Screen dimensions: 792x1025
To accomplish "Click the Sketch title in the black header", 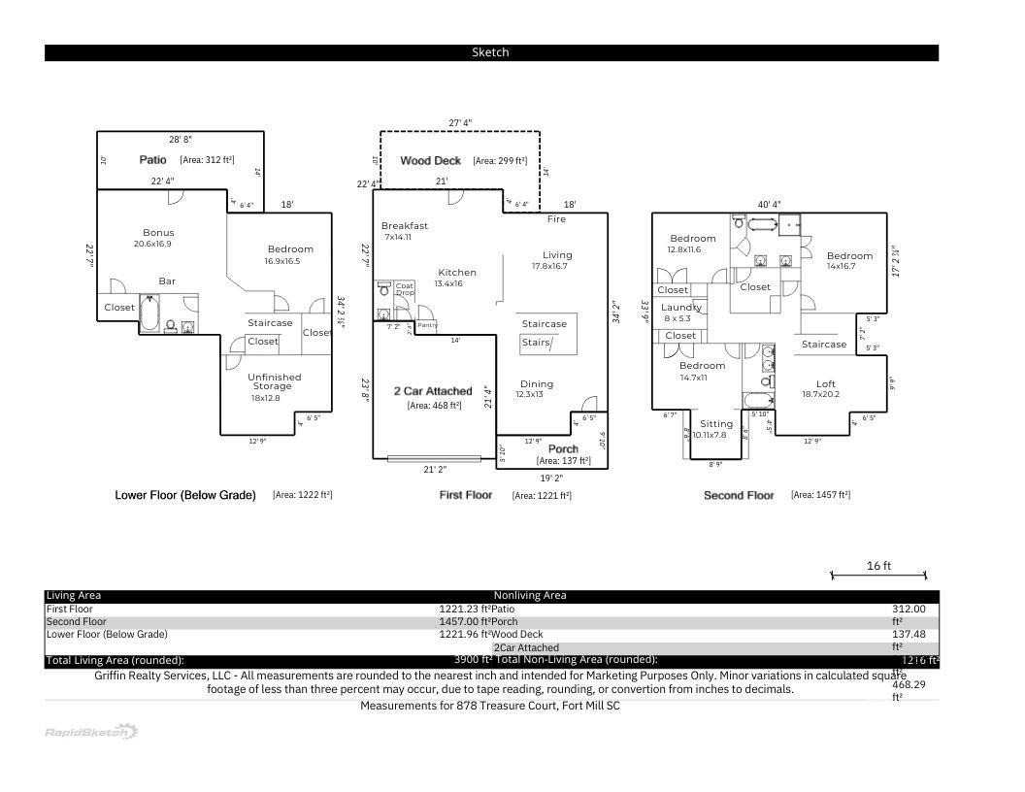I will click(x=490, y=52).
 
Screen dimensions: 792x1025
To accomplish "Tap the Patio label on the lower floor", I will click(x=153, y=159).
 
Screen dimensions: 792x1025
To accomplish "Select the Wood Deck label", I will click(x=430, y=161).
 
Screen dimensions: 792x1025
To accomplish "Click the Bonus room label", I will click(x=158, y=233).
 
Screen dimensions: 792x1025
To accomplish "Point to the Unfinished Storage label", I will click(x=274, y=381).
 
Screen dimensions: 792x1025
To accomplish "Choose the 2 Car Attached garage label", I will click(x=432, y=391).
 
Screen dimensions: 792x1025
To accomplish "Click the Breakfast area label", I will click(x=404, y=226).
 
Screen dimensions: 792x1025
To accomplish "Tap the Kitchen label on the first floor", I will click(x=457, y=273).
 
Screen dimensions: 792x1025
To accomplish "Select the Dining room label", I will click(x=537, y=384).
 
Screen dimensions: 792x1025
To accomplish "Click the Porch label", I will click(x=563, y=449).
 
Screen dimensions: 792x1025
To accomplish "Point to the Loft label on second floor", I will click(x=825, y=384).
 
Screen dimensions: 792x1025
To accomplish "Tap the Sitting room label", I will click(x=716, y=424).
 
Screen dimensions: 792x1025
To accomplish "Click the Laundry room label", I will click(x=680, y=308).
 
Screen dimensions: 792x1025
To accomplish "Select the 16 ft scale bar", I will click(x=878, y=575).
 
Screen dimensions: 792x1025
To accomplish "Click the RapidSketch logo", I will click(x=91, y=732).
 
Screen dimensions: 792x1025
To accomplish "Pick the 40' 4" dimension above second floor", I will click(x=769, y=205).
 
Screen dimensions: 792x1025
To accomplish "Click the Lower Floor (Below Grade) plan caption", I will click(x=185, y=495).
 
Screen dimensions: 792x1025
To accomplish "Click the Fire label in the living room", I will click(x=556, y=219).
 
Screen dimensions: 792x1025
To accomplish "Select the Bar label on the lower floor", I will click(x=167, y=281).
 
